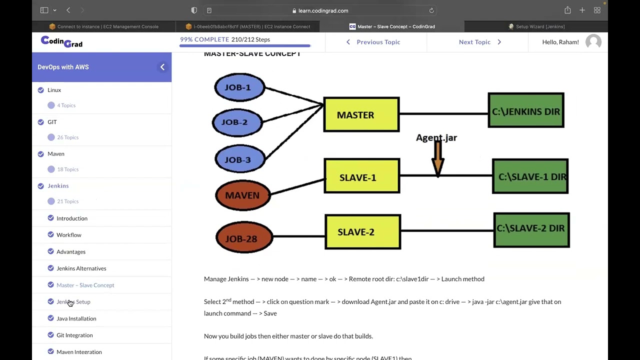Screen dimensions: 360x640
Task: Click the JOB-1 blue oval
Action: [x=239, y=87]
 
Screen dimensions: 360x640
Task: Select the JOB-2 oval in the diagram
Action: [x=237, y=122]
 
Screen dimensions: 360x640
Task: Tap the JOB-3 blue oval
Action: [x=239, y=159]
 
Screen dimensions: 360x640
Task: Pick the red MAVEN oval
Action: [x=242, y=195]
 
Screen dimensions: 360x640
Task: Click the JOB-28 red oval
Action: [x=243, y=238]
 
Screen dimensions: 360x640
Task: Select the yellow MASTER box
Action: [x=361, y=115]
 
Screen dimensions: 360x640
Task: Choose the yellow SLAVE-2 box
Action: [x=362, y=232]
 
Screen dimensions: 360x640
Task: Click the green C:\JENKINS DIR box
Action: [x=526, y=111]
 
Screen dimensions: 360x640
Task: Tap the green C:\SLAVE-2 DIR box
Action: [x=531, y=229]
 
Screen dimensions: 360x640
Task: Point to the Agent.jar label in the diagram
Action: [x=436, y=137]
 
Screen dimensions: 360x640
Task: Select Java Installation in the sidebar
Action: [x=76, y=318]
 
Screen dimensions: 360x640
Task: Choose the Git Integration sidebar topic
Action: [x=74, y=335]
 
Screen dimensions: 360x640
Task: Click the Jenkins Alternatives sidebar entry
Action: [x=81, y=268]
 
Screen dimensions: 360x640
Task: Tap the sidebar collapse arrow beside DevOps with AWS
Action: [x=162, y=67]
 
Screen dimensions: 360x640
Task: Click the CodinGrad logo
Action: [x=61, y=42]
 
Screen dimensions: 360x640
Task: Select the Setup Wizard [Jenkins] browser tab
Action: [x=539, y=26]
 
